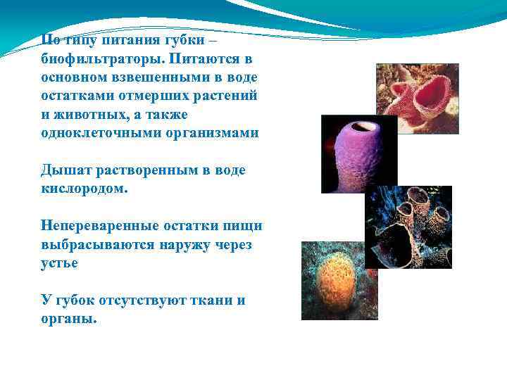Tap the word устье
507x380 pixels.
[x=60, y=264]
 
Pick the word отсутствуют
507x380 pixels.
[x=143, y=301]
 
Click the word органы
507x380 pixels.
[x=69, y=319]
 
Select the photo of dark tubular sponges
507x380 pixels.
[x=408, y=227]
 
